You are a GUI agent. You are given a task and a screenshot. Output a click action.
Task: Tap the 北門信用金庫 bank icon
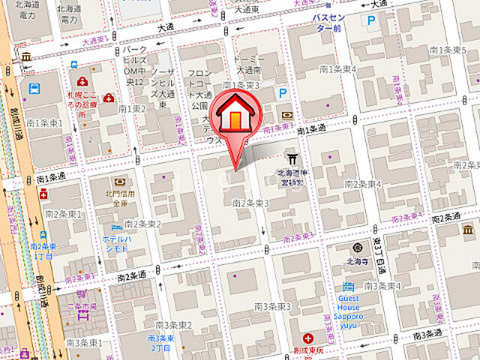[x=118, y=182]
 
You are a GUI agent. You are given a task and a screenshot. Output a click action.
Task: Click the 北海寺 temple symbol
[x=359, y=248]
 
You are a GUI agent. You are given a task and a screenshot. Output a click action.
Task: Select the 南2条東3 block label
[x=250, y=202]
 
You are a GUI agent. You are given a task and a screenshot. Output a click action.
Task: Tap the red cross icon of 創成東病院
[x=308, y=338]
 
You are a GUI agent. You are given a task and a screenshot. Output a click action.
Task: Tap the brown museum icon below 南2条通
[x=82, y=293]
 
